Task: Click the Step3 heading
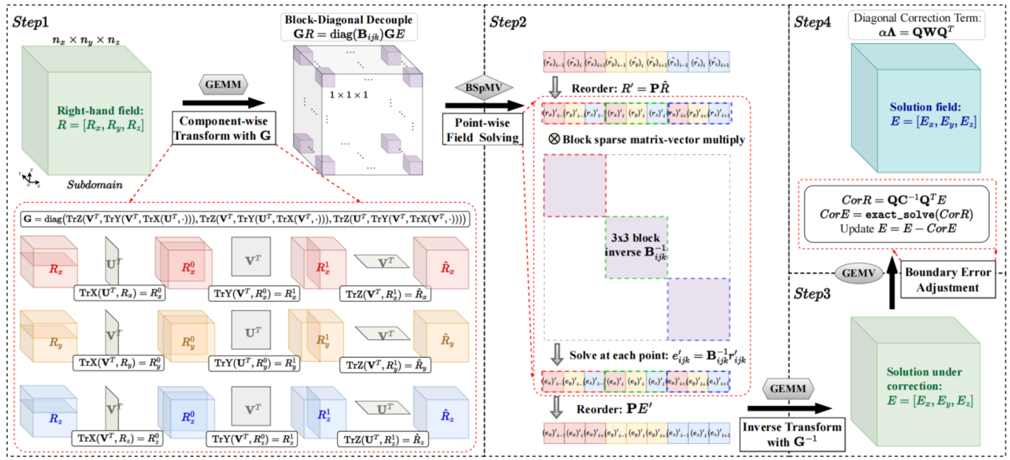[814, 294]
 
